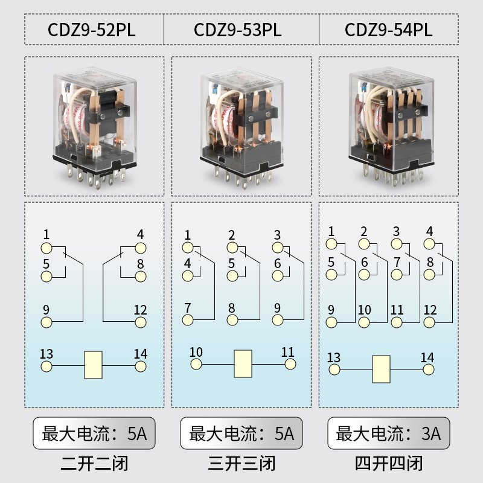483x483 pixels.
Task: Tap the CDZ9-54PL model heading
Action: click(389, 30)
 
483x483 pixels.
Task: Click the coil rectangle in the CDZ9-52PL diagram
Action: click(93, 365)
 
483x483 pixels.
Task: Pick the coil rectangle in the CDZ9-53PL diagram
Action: click(243, 363)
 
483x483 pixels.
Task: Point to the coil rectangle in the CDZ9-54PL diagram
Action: click(382, 369)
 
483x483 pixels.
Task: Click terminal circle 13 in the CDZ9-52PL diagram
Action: click(46, 366)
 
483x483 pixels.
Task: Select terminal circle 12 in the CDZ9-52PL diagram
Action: click(141, 322)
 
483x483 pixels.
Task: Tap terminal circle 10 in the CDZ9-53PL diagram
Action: click(196, 364)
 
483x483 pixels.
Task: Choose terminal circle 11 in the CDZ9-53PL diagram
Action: click(290, 364)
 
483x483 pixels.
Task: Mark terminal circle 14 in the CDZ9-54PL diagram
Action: click(427, 369)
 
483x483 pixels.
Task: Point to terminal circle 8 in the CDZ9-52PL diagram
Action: click(141, 277)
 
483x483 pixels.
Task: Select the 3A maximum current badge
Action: click(388, 433)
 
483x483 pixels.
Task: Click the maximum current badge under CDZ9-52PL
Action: click(94, 433)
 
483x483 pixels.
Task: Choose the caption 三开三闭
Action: click(241, 464)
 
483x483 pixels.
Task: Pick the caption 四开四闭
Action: click(389, 464)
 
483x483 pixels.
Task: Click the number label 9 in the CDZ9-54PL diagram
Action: click(331, 310)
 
